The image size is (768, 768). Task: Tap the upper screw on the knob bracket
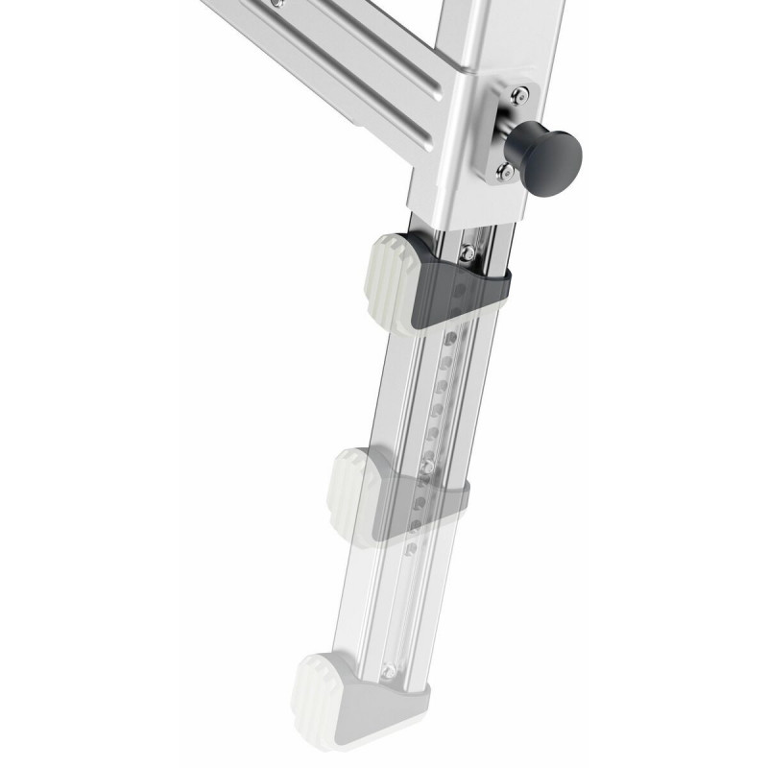[517, 94]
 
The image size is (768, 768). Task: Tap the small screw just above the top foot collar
[465, 252]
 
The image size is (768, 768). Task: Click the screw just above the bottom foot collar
[389, 669]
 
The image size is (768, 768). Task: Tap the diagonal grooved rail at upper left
[326, 58]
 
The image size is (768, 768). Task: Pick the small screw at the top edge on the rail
[279, 5]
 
